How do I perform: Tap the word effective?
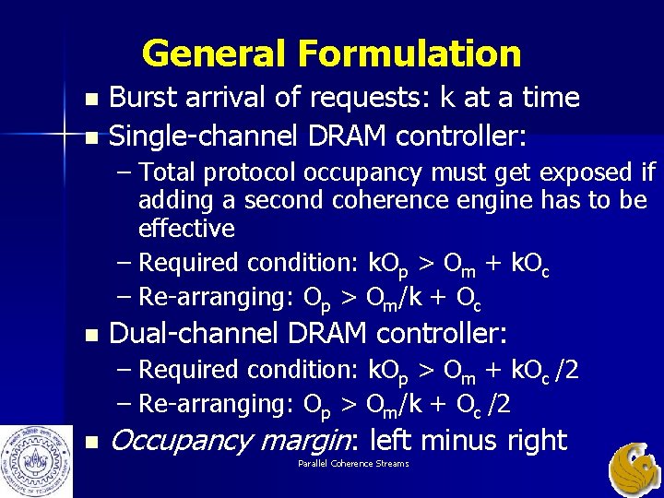(186, 228)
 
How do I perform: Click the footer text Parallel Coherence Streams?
(353, 463)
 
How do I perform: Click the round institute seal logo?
(31, 458)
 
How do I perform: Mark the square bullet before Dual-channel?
(89, 333)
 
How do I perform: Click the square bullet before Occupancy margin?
(89, 442)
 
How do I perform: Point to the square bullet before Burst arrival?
(89, 99)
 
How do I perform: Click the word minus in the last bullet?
(451, 441)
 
